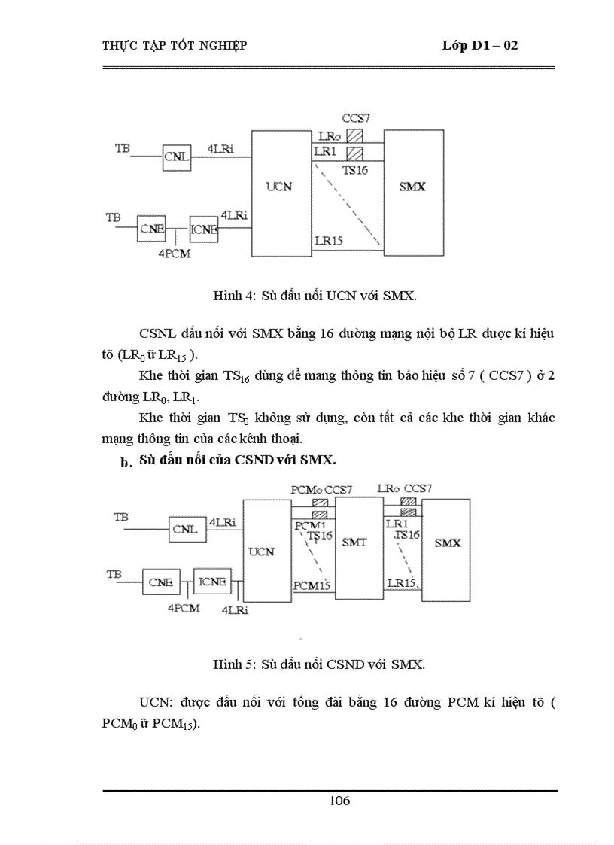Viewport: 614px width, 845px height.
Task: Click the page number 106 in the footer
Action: click(x=339, y=801)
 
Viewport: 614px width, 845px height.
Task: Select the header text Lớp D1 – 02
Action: click(x=480, y=46)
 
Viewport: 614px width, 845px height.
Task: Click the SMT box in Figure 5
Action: click(x=354, y=543)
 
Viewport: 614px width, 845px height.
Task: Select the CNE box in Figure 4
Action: click(x=150, y=229)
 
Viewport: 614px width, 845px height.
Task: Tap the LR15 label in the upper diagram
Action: click(x=328, y=241)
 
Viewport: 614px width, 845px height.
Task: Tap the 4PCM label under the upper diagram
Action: click(x=174, y=254)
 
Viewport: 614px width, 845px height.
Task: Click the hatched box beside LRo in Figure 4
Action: click(x=355, y=136)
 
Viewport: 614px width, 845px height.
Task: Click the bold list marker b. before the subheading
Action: click(x=126, y=463)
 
